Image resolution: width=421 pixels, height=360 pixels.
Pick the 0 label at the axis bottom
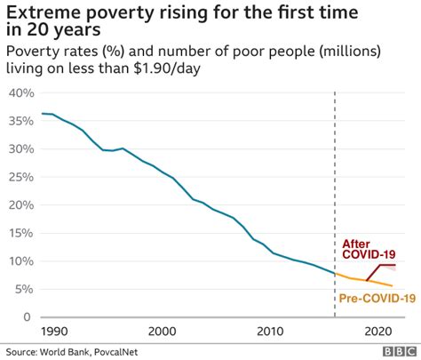point(28,317)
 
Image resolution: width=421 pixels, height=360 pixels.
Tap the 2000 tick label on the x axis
point(161,331)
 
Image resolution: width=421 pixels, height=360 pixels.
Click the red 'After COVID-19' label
point(370,250)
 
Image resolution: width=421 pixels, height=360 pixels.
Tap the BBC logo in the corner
point(399,352)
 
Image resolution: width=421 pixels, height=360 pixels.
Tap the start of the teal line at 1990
point(43,114)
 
